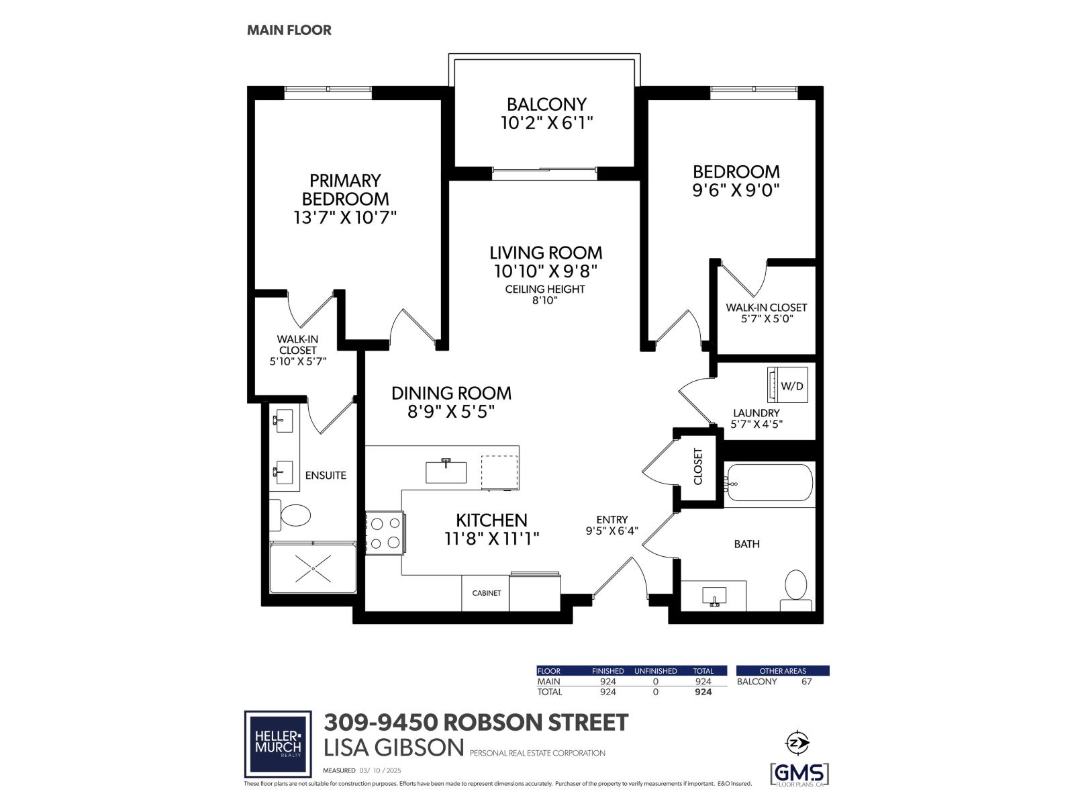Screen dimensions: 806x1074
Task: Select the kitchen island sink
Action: tap(446, 472)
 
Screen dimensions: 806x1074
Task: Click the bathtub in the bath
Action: tap(769, 482)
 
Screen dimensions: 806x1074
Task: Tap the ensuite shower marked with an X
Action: tap(313, 569)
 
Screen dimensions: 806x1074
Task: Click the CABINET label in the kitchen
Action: tap(486, 593)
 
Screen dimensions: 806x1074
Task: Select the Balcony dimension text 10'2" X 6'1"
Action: tap(547, 123)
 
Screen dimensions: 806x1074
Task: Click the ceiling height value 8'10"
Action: tap(545, 300)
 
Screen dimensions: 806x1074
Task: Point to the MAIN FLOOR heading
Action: tap(289, 30)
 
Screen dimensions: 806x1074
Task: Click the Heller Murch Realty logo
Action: tap(278, 744)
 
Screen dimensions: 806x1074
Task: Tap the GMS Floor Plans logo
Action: tap(799, 774)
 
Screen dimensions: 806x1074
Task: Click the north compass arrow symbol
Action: tap(797, 742)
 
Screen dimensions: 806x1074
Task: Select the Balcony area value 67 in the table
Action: tap(806, 682)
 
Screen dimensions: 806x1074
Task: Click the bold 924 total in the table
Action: tap(703, 692)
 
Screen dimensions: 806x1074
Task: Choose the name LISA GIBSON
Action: tap(393, 748)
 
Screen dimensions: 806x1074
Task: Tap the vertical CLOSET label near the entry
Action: tap(697, 467)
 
